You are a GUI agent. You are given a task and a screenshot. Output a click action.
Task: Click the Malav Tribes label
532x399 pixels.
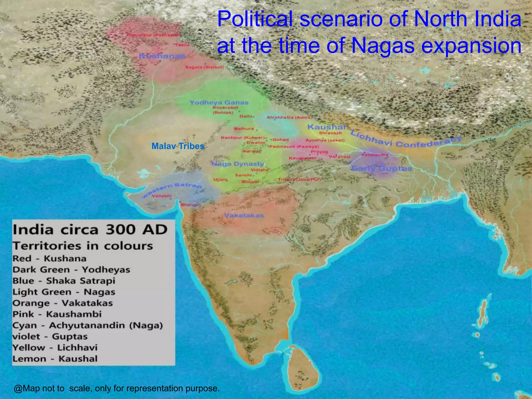point(178,146)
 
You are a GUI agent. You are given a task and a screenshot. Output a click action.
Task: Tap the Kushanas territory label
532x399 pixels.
point(162,56)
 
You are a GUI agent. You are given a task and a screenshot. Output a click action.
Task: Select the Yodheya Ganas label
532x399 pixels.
point(219,102)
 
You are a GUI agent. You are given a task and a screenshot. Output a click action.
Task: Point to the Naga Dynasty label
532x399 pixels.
point(238,164)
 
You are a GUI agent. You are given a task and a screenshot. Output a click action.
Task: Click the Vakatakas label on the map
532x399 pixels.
point(244,215)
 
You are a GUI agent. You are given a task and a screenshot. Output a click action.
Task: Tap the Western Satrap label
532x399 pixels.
point(173,189)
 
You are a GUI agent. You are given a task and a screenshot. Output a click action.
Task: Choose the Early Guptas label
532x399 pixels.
point(381,169)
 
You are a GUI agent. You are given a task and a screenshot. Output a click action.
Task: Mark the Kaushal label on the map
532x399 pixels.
point(326,127)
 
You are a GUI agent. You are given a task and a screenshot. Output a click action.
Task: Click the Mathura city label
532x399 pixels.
point(244,129)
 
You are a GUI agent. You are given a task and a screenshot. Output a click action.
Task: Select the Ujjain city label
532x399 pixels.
point(220,179)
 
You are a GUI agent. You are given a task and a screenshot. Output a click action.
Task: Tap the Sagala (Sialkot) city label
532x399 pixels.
point(204,67)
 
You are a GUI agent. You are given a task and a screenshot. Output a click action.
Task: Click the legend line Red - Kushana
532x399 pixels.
point(49,258)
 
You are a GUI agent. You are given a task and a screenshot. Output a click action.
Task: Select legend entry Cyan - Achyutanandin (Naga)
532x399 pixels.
point(88,325)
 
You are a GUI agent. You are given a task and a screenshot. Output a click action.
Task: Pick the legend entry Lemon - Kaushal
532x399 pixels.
point(55,359)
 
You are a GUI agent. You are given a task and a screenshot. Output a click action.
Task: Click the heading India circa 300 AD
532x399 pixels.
point(90,230)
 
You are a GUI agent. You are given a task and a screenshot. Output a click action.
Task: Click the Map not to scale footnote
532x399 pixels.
point(117,388)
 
